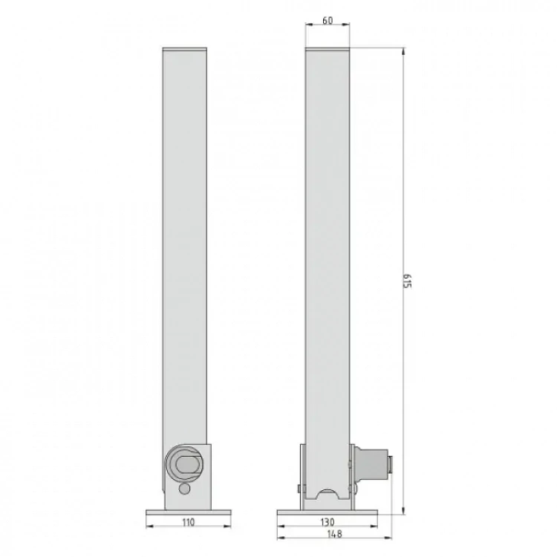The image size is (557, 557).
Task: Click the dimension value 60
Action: (x=328, y=21)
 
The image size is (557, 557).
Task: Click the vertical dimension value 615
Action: (x=407, y=281)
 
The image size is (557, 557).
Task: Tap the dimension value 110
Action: (x=189, y=522)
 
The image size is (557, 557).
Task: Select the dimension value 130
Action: (x=328, y=522)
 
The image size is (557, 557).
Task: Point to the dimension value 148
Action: (x=335, y=533)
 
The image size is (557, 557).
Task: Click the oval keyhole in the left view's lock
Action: (x=186, y=465)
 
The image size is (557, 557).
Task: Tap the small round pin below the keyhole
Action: (x=184, y=489)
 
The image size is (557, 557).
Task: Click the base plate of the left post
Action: (x=189, y=513)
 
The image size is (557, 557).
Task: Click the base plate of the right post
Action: (x=328, y=513)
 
